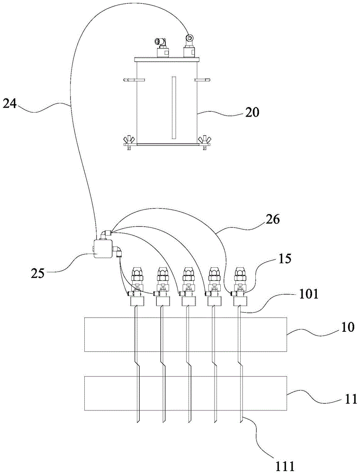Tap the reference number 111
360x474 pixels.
[x=283, y=464]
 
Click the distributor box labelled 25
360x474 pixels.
[x=102, y=248]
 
